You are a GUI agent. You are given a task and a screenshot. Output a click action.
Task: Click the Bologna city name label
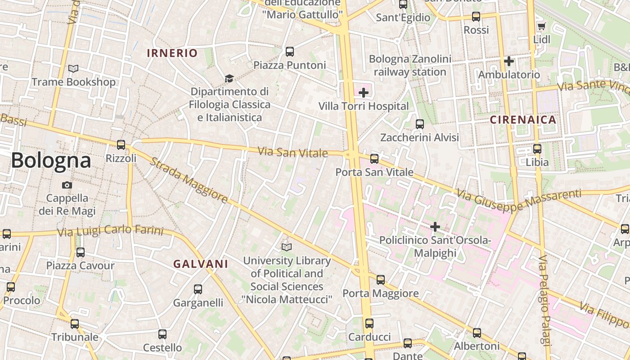coord(51,160)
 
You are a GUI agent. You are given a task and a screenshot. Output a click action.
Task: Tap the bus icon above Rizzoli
coord(121,145)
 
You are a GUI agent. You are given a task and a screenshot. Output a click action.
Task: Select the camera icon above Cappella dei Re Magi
coord(67,185)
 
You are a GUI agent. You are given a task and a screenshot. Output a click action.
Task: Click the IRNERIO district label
coord(172,53)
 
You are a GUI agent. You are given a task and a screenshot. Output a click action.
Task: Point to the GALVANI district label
coord(201,264)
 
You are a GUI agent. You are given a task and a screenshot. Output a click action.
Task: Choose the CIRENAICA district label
coord(523,120)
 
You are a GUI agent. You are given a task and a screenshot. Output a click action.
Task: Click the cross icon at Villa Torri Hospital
coord(364,93)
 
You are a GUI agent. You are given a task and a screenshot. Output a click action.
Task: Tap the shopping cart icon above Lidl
coord(541,27)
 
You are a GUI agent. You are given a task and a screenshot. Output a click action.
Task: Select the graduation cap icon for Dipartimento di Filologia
coord(229,79)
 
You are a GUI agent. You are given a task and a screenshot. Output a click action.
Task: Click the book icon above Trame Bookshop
coord(73,69)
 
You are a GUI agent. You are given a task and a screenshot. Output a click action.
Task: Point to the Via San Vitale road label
coord(292,152)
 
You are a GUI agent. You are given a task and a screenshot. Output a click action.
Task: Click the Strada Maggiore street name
coord(188,180)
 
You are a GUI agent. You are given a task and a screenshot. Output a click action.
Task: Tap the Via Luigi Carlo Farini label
coord(110,231)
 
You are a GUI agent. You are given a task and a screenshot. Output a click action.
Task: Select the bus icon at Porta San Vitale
coord(374,159)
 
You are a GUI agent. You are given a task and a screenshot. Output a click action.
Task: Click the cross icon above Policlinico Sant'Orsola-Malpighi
coord(435,227)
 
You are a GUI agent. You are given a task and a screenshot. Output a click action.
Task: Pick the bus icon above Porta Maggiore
coord(381,280)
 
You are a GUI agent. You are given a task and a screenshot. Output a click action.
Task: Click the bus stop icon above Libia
coord(537,149)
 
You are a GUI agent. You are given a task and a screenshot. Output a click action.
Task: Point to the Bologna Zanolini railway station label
coord(409,66)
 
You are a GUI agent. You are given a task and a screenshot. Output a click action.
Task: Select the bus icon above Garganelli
coord(198,289)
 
